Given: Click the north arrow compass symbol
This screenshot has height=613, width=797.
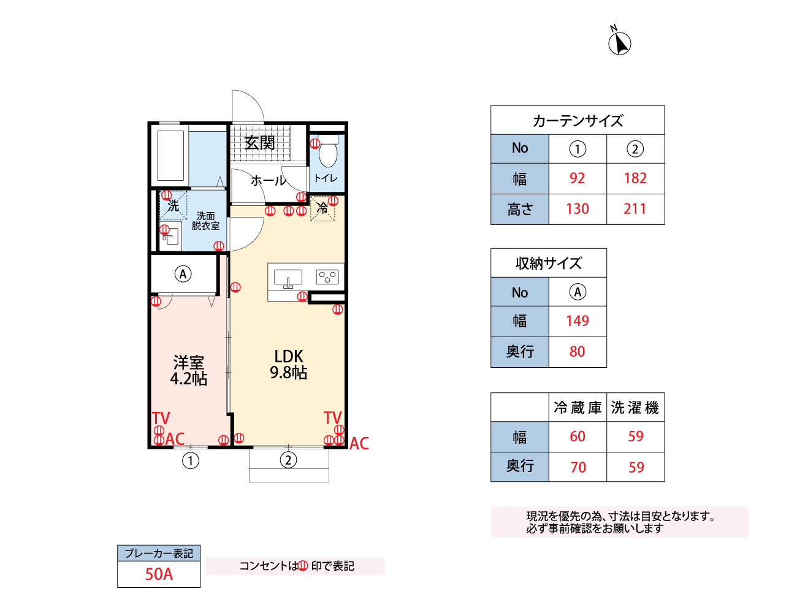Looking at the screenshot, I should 619,43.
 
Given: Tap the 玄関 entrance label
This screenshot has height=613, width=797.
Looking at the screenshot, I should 260,143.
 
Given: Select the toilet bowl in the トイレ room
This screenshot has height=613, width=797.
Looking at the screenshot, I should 329,153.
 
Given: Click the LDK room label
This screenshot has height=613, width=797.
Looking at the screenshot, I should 289,357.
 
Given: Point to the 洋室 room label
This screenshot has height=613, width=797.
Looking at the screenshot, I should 188,363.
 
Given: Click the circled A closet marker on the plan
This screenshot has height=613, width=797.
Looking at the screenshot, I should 183,274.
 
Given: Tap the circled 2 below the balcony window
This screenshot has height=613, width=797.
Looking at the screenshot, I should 289,460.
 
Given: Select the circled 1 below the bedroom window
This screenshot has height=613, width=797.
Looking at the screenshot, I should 191,460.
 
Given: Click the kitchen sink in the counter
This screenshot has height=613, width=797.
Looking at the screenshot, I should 288,278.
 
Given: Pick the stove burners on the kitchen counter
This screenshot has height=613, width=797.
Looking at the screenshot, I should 328,277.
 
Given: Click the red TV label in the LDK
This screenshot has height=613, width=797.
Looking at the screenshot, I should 332,417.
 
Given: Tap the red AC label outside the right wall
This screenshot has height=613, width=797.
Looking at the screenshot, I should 359,444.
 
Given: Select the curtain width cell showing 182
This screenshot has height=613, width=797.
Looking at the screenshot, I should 635,178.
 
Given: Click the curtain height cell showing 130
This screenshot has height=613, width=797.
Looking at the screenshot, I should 578,209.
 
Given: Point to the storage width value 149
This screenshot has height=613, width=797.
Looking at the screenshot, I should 578,321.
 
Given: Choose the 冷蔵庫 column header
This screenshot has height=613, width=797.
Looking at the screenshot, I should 578,408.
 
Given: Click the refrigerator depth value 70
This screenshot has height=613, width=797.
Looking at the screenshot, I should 578,468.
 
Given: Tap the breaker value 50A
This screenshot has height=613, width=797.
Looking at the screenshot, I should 159,574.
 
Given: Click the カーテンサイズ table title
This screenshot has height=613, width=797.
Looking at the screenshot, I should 578,121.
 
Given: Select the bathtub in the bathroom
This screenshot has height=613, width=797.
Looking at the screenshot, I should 170,155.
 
